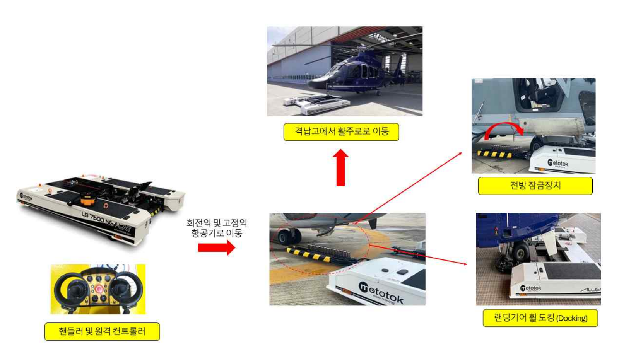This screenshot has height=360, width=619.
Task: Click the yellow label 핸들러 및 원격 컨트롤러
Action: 102,331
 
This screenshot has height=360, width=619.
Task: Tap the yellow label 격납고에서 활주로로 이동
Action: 341,132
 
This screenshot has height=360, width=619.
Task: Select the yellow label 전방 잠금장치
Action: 535,186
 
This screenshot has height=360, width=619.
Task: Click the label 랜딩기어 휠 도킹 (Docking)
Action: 540,318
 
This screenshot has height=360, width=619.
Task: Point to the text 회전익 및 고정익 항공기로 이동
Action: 216,228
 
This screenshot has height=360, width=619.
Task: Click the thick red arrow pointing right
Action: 216,247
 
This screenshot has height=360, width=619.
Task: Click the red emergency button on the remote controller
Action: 99,288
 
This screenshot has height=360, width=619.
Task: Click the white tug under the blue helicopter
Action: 317,104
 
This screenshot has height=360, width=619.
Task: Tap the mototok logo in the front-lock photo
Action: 557,163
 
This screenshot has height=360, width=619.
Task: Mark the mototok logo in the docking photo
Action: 530,288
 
